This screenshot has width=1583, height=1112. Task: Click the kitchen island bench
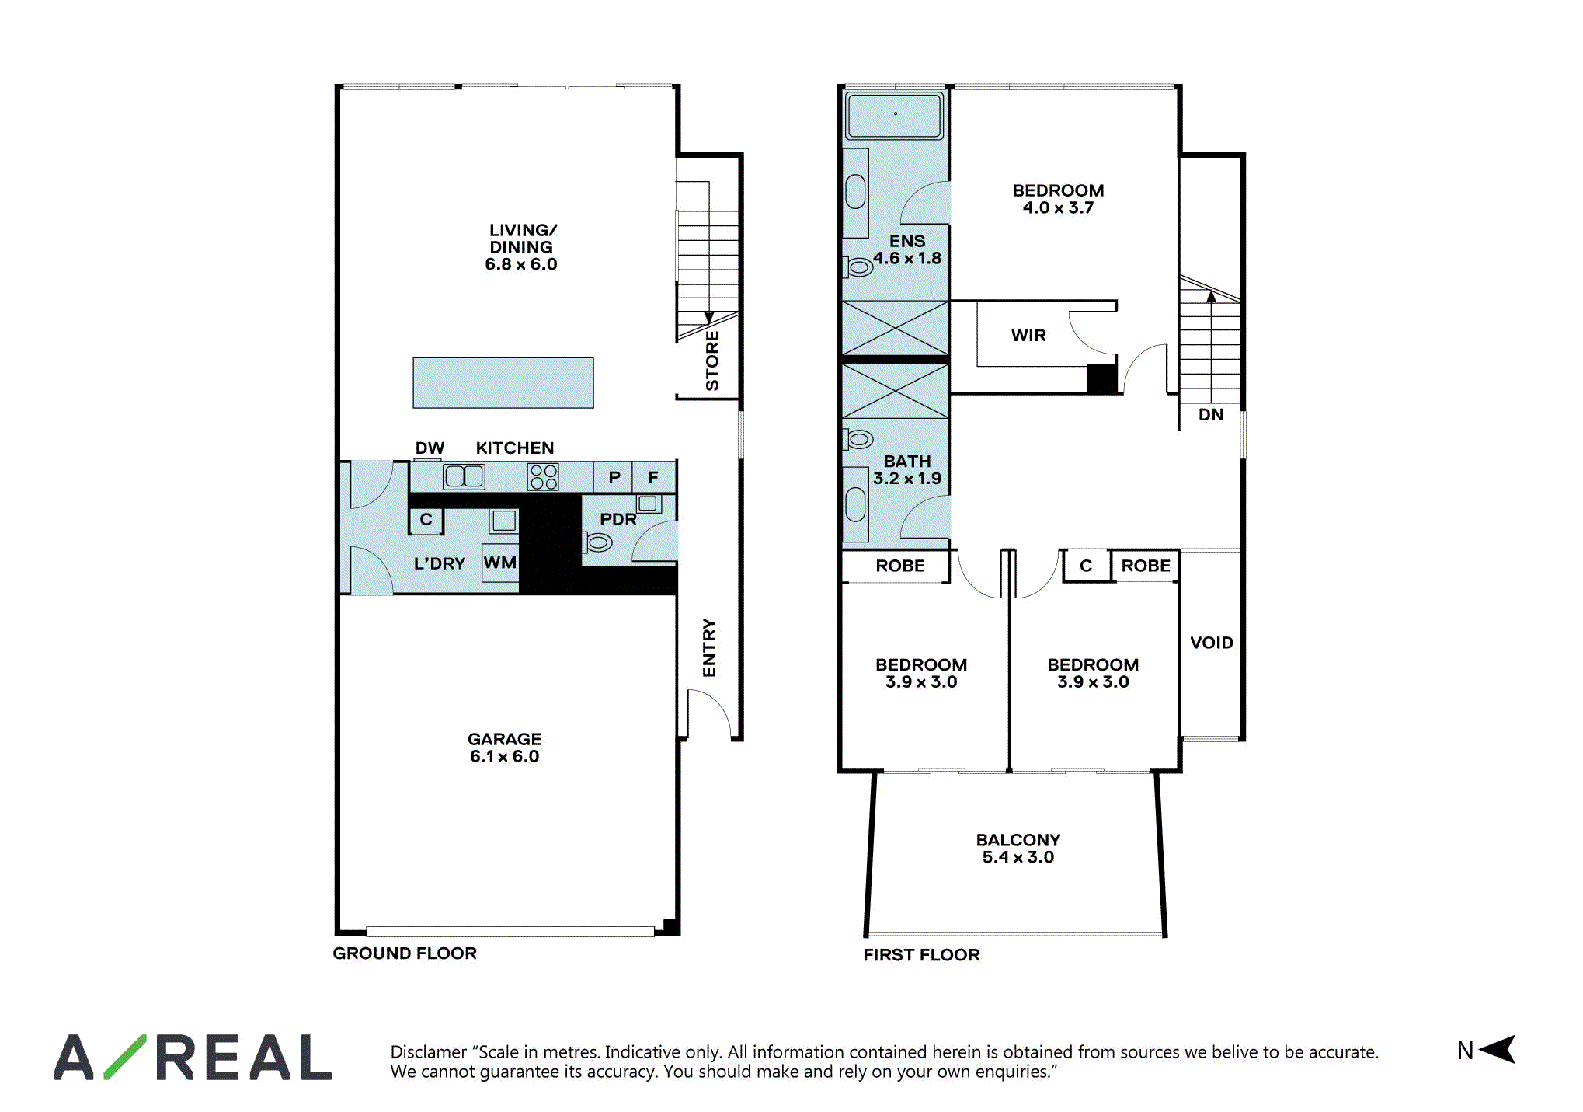(503, 382)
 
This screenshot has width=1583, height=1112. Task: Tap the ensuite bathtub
(895, 115)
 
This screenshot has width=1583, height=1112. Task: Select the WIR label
(1028, 335)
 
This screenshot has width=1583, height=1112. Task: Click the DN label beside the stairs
(1211, 415)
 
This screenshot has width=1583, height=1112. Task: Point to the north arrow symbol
(1498, 1049)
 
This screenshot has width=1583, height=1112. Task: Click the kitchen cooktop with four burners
(543, 476)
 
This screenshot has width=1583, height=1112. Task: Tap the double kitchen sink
(464, 476)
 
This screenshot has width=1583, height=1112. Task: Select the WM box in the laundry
(500, 563)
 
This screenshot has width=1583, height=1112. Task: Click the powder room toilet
(597, 541)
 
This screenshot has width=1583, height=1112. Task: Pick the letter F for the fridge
(653, 477)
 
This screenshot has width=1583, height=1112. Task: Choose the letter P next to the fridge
(614, 477)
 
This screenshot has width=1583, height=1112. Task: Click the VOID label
(1212, 643)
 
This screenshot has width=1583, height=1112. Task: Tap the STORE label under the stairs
(711, 361)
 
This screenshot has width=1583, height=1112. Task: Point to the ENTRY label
(709, 647)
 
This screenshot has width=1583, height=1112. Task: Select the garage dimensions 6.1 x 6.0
(504, 756)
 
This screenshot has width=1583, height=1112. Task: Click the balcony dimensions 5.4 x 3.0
(1018, 857)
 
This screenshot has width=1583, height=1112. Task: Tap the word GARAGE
(504, 739)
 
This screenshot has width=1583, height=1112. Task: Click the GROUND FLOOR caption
(405, 953)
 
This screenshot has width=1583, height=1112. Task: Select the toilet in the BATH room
(858, 439)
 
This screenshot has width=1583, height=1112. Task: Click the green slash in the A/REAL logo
(124, 1057)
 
